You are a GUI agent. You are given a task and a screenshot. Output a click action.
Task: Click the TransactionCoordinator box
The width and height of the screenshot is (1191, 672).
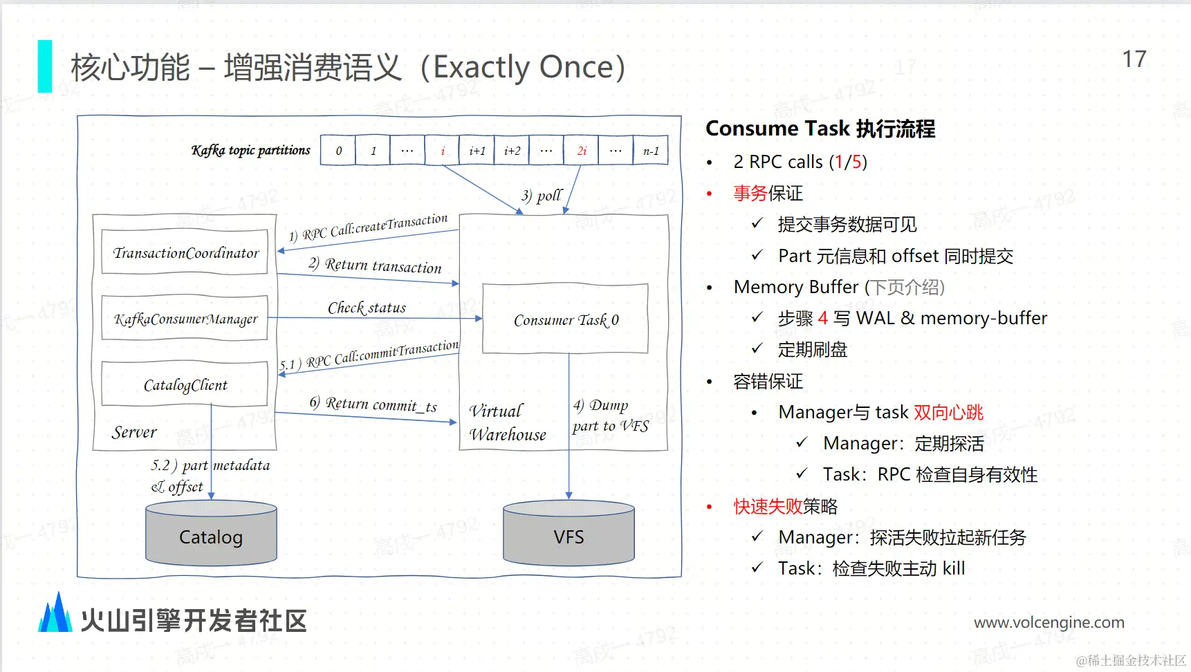(185, 252)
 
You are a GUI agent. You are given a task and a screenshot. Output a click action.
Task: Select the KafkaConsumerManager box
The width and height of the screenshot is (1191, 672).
(185, 319)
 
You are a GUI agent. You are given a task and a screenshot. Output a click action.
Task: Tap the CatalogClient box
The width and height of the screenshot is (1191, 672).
(185, 384)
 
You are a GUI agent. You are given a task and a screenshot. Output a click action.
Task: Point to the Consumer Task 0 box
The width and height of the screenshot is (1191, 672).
(565, 319)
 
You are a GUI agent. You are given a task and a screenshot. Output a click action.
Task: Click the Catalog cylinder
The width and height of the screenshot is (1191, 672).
(211, 536)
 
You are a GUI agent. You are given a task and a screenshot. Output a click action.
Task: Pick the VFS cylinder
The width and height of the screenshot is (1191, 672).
(569, 536)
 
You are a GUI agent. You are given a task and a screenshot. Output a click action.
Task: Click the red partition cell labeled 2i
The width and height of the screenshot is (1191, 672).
(582, 151)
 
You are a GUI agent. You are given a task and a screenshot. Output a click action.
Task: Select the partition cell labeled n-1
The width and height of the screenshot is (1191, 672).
(651, 151)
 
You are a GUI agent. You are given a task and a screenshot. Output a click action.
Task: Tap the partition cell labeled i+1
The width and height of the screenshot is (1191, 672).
(477, 151)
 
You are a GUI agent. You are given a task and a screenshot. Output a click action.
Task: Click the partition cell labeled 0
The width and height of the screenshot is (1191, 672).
(338, 151)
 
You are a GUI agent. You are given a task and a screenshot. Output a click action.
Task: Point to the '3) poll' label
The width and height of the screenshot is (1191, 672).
(542, 196)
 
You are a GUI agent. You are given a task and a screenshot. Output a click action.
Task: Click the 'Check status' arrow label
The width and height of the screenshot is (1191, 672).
(367, 308)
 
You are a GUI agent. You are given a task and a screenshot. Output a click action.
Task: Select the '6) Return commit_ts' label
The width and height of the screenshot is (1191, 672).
(373, 404)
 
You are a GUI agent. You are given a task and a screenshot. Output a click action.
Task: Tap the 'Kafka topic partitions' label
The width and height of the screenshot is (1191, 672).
(250, 150)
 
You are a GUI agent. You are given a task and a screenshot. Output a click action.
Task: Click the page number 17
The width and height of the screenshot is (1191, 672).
(1134, 59)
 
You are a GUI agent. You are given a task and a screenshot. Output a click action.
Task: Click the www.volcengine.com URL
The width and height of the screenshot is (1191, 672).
(1049, 622)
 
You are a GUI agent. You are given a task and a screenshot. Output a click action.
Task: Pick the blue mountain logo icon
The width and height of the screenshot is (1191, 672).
(55, 614)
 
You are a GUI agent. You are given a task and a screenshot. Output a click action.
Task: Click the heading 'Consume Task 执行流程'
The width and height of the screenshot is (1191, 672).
(820, 129)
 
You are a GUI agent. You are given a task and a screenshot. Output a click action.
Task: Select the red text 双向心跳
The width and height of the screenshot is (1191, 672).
(948, 413)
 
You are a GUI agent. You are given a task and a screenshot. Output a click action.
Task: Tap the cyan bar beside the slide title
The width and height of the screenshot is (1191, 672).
(45, 66)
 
